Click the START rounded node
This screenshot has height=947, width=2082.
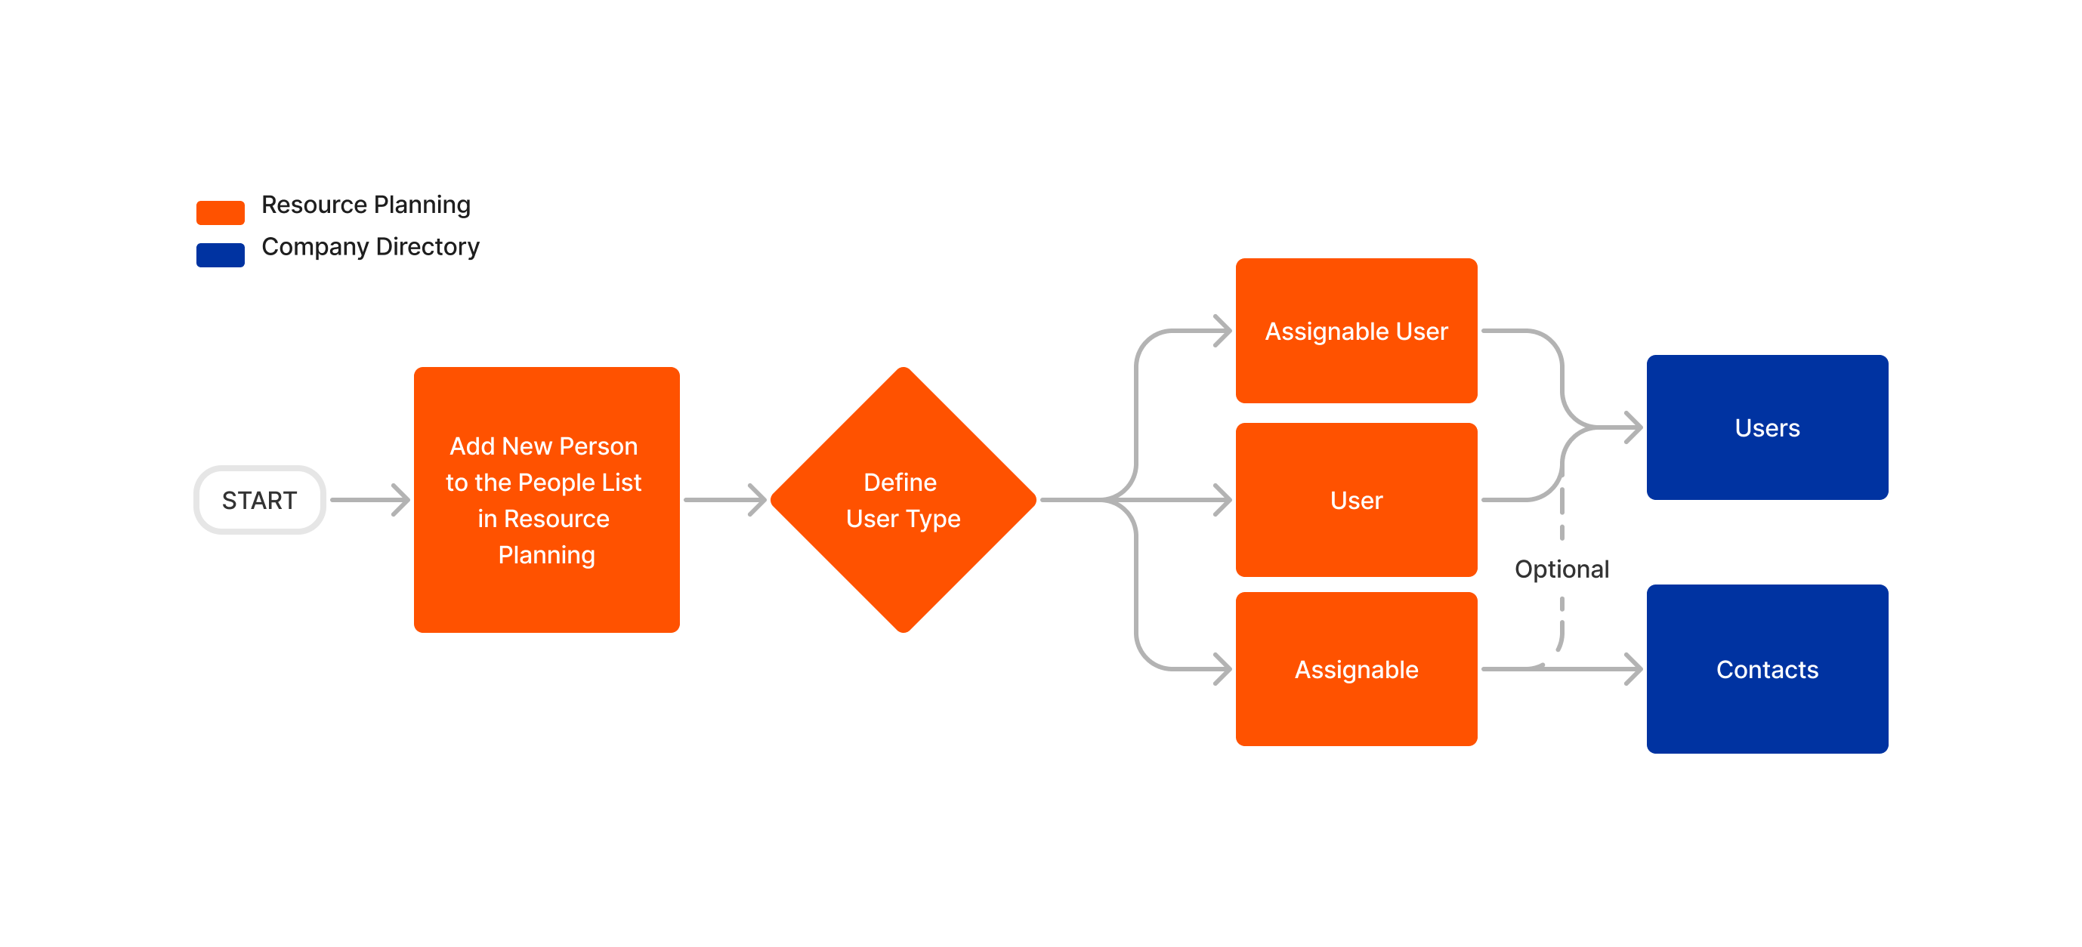point(259,500)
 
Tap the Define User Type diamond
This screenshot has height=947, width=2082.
point(903,500)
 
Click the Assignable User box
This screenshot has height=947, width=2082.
point(1355,332)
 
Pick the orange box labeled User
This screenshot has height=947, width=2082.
point(1355,500)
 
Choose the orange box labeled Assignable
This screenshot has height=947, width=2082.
point(1355,669)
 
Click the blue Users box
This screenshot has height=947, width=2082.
point(1766,427)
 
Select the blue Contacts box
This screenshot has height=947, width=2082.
point(1766,669)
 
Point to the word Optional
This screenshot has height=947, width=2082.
point(1561,569)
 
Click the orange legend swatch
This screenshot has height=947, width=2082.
point(220,212)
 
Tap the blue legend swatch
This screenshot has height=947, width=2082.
point(220,254)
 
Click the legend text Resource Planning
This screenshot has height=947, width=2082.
point(366,205)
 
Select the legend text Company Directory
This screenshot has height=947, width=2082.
point(370,246)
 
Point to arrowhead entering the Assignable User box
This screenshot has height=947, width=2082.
point(1224,332)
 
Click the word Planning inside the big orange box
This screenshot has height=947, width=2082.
point(546,555)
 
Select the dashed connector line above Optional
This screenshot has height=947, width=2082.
point(1561,513)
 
